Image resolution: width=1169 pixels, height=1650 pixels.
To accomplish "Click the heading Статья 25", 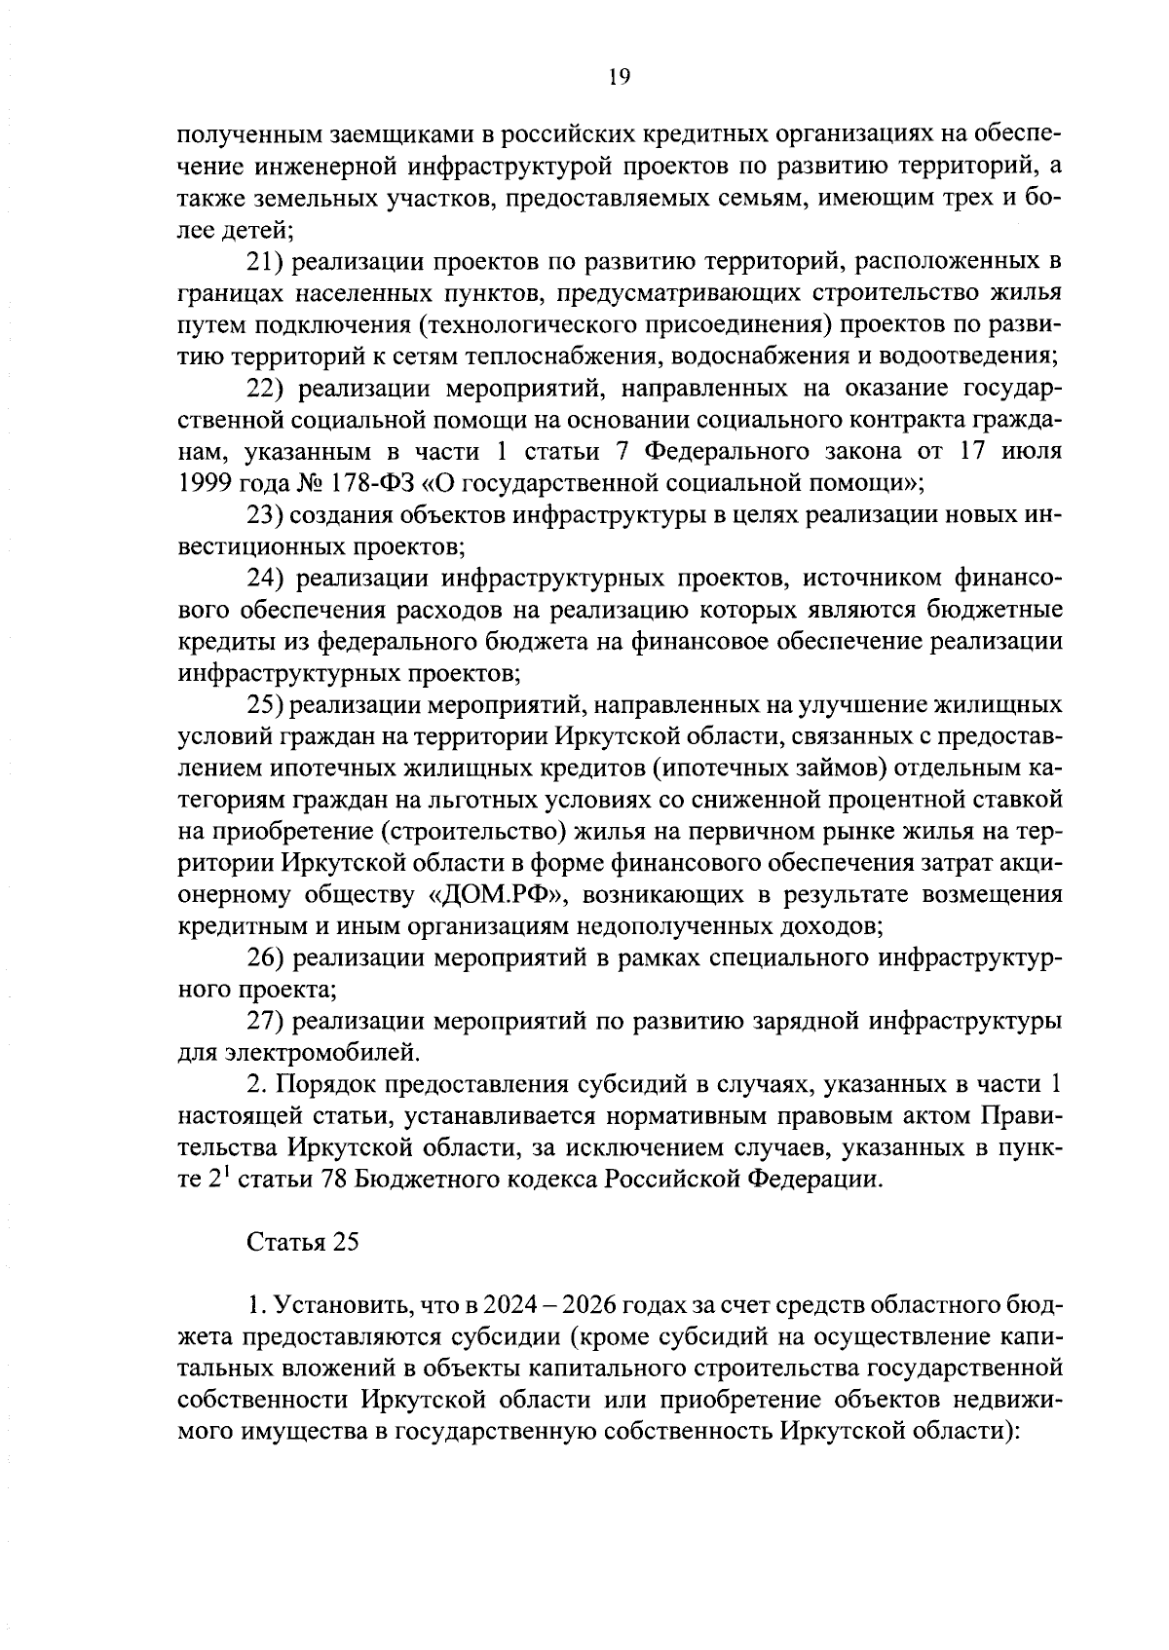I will click(x=303, y=1243).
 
